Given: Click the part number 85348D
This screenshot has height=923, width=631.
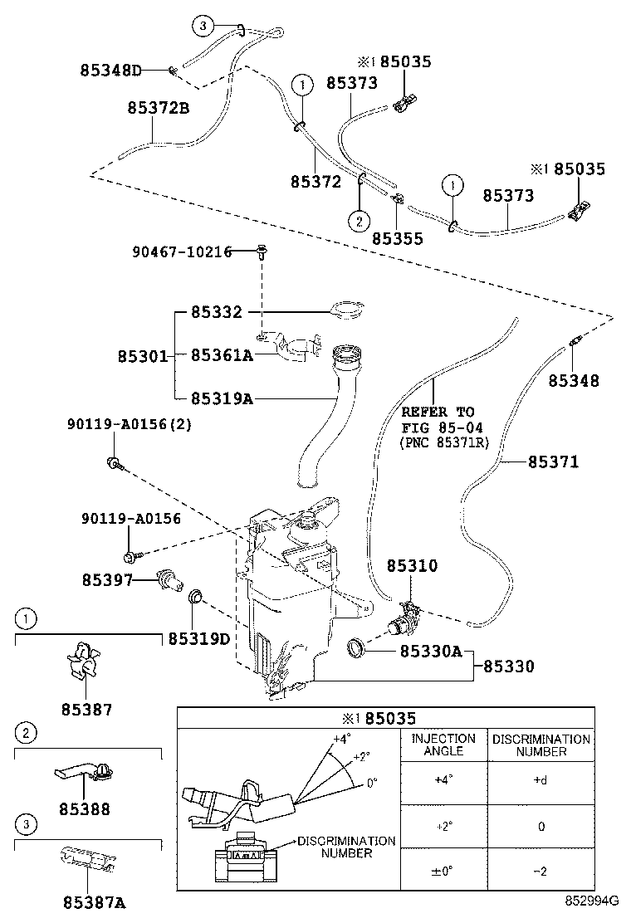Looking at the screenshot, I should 111,71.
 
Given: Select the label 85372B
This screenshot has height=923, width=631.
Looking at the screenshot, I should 159,108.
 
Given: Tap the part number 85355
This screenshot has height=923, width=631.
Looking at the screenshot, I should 397,239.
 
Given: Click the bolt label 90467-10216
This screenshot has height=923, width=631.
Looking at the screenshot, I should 182,252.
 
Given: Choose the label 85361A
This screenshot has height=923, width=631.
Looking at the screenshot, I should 222,355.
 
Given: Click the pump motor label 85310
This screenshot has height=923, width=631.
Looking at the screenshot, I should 412,565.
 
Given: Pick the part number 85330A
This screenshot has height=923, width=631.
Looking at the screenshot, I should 431,652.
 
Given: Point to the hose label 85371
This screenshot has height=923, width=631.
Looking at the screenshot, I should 553,461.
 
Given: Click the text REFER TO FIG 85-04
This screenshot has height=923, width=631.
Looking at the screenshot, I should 438,420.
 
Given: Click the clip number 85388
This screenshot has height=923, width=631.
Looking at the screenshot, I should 85,808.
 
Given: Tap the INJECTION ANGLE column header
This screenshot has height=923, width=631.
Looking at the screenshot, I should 443,745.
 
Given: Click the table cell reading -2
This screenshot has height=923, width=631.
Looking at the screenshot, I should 541,871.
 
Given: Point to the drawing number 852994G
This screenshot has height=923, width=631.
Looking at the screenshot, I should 593,901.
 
